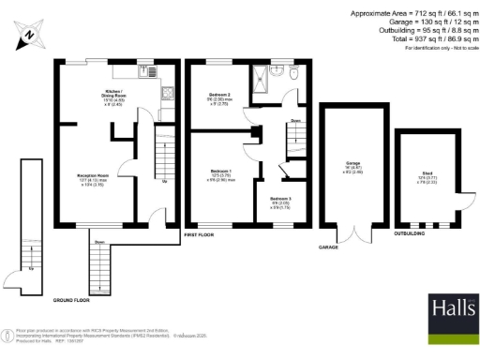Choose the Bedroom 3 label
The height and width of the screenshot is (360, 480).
(x=280, y=201)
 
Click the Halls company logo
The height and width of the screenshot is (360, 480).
(x=453, y=309)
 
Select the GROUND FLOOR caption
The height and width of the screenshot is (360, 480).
(x=76, y=299)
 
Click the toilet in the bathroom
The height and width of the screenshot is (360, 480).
(x=292, y=70)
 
